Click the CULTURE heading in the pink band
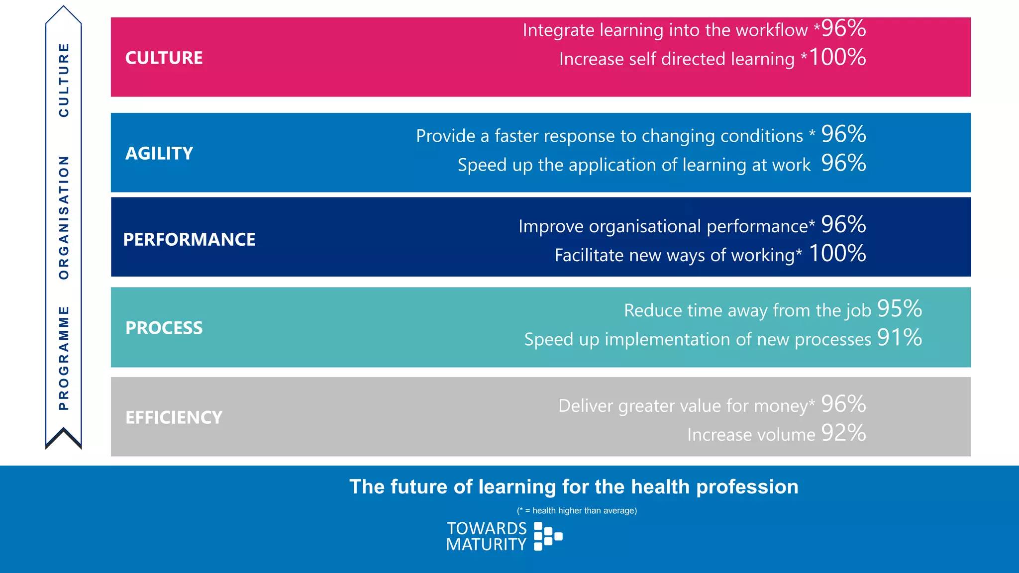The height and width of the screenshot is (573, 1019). click(x=164, y=58)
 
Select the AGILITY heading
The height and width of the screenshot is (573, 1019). click(x=159, y=153)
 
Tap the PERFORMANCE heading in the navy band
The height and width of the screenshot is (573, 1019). click(x=189, y=239)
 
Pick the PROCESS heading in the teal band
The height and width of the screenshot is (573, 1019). click(x=164, y=328)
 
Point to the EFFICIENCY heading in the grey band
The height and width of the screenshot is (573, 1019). click(x=174, y=417)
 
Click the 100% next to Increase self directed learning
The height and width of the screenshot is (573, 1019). click(x=837, y=57)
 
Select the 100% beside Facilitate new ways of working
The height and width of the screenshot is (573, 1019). click(x=837, y=253)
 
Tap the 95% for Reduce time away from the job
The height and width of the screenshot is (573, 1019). click(x=900, y=308)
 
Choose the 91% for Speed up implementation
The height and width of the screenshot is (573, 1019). click(x=900, y=337)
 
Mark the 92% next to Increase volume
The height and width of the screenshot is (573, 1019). click(x=843, y=433)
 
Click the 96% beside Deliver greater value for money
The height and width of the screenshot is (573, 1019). click(x=843, y=403)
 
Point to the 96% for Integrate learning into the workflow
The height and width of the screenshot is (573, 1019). click(x=843, y=28)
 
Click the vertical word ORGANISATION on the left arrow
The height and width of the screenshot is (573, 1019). click(x=64, y=217)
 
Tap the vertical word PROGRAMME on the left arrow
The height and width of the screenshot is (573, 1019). click(x=64, y=358)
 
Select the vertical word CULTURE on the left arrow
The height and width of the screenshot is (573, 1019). click(x=64, y=80)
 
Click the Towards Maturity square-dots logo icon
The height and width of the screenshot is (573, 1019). click(x=547, y=536)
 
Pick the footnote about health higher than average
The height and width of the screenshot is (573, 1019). click(x=577, y=511)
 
